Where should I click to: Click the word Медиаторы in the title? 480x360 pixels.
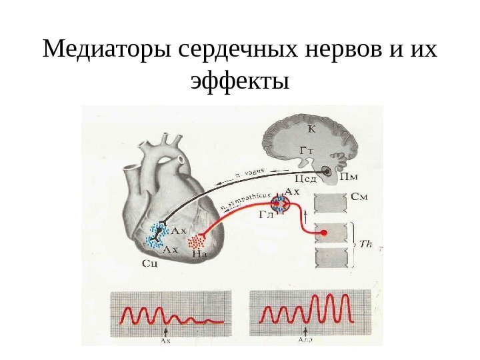[x=106, y=49]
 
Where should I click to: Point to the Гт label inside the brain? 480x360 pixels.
[x=305, y=151]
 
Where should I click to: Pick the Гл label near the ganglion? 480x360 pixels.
[x=265, y=214]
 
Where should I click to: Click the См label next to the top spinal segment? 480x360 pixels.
[x=359, y=197]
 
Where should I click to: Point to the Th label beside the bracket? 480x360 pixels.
[x=365, y=243]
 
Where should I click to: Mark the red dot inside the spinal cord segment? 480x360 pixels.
[x=324, y=233]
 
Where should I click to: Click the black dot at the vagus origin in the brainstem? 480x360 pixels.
[x=329, y=171]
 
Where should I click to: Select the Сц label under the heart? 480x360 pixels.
[x=151, y=263]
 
